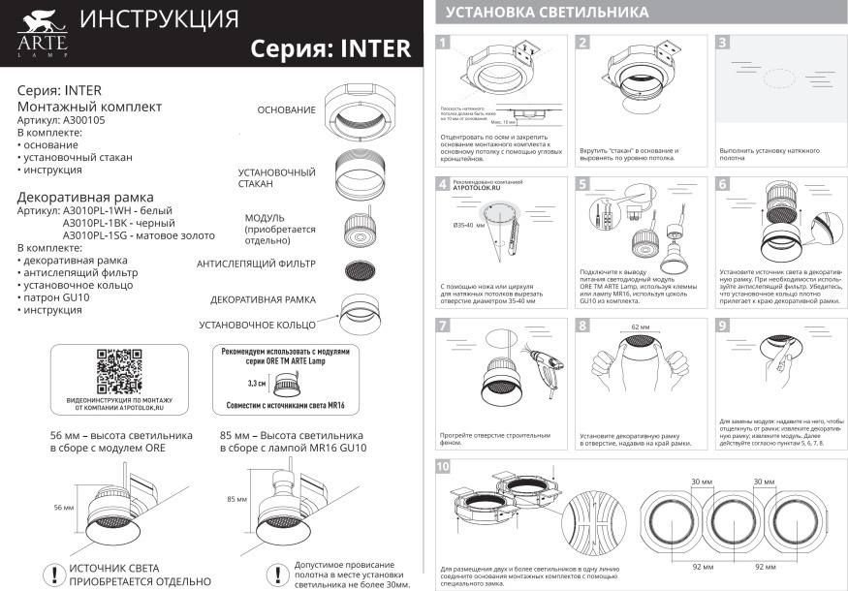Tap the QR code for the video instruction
point(119,369)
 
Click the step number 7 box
point(444,326)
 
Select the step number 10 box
point(444,467)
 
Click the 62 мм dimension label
point(642,327)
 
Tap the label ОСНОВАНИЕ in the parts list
point(286,110)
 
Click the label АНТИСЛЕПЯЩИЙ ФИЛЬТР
point(256,264)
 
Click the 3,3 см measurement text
point(257,385)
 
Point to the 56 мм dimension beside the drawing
point(63,508)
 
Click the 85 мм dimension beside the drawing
point(236,500)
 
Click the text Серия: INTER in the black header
point(330,48)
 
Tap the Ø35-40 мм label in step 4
point(470,225)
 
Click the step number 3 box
point(723,43)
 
